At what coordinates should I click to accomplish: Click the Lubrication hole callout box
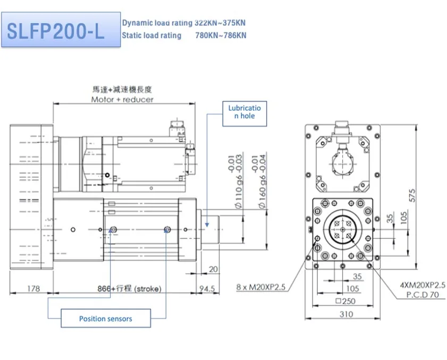pos(244,112)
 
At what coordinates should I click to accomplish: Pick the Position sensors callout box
pos(106,319)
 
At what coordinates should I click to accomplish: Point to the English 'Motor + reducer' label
pos(122,99)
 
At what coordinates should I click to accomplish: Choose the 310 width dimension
pos(345,314)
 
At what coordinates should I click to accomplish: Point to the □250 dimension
pos(345,302)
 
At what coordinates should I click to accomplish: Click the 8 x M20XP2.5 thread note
pos(261,287)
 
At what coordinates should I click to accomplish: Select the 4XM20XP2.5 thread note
pos(423,286)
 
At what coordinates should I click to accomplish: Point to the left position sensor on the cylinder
pos(113,229)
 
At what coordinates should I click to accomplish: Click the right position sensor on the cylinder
pos(167,229)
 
